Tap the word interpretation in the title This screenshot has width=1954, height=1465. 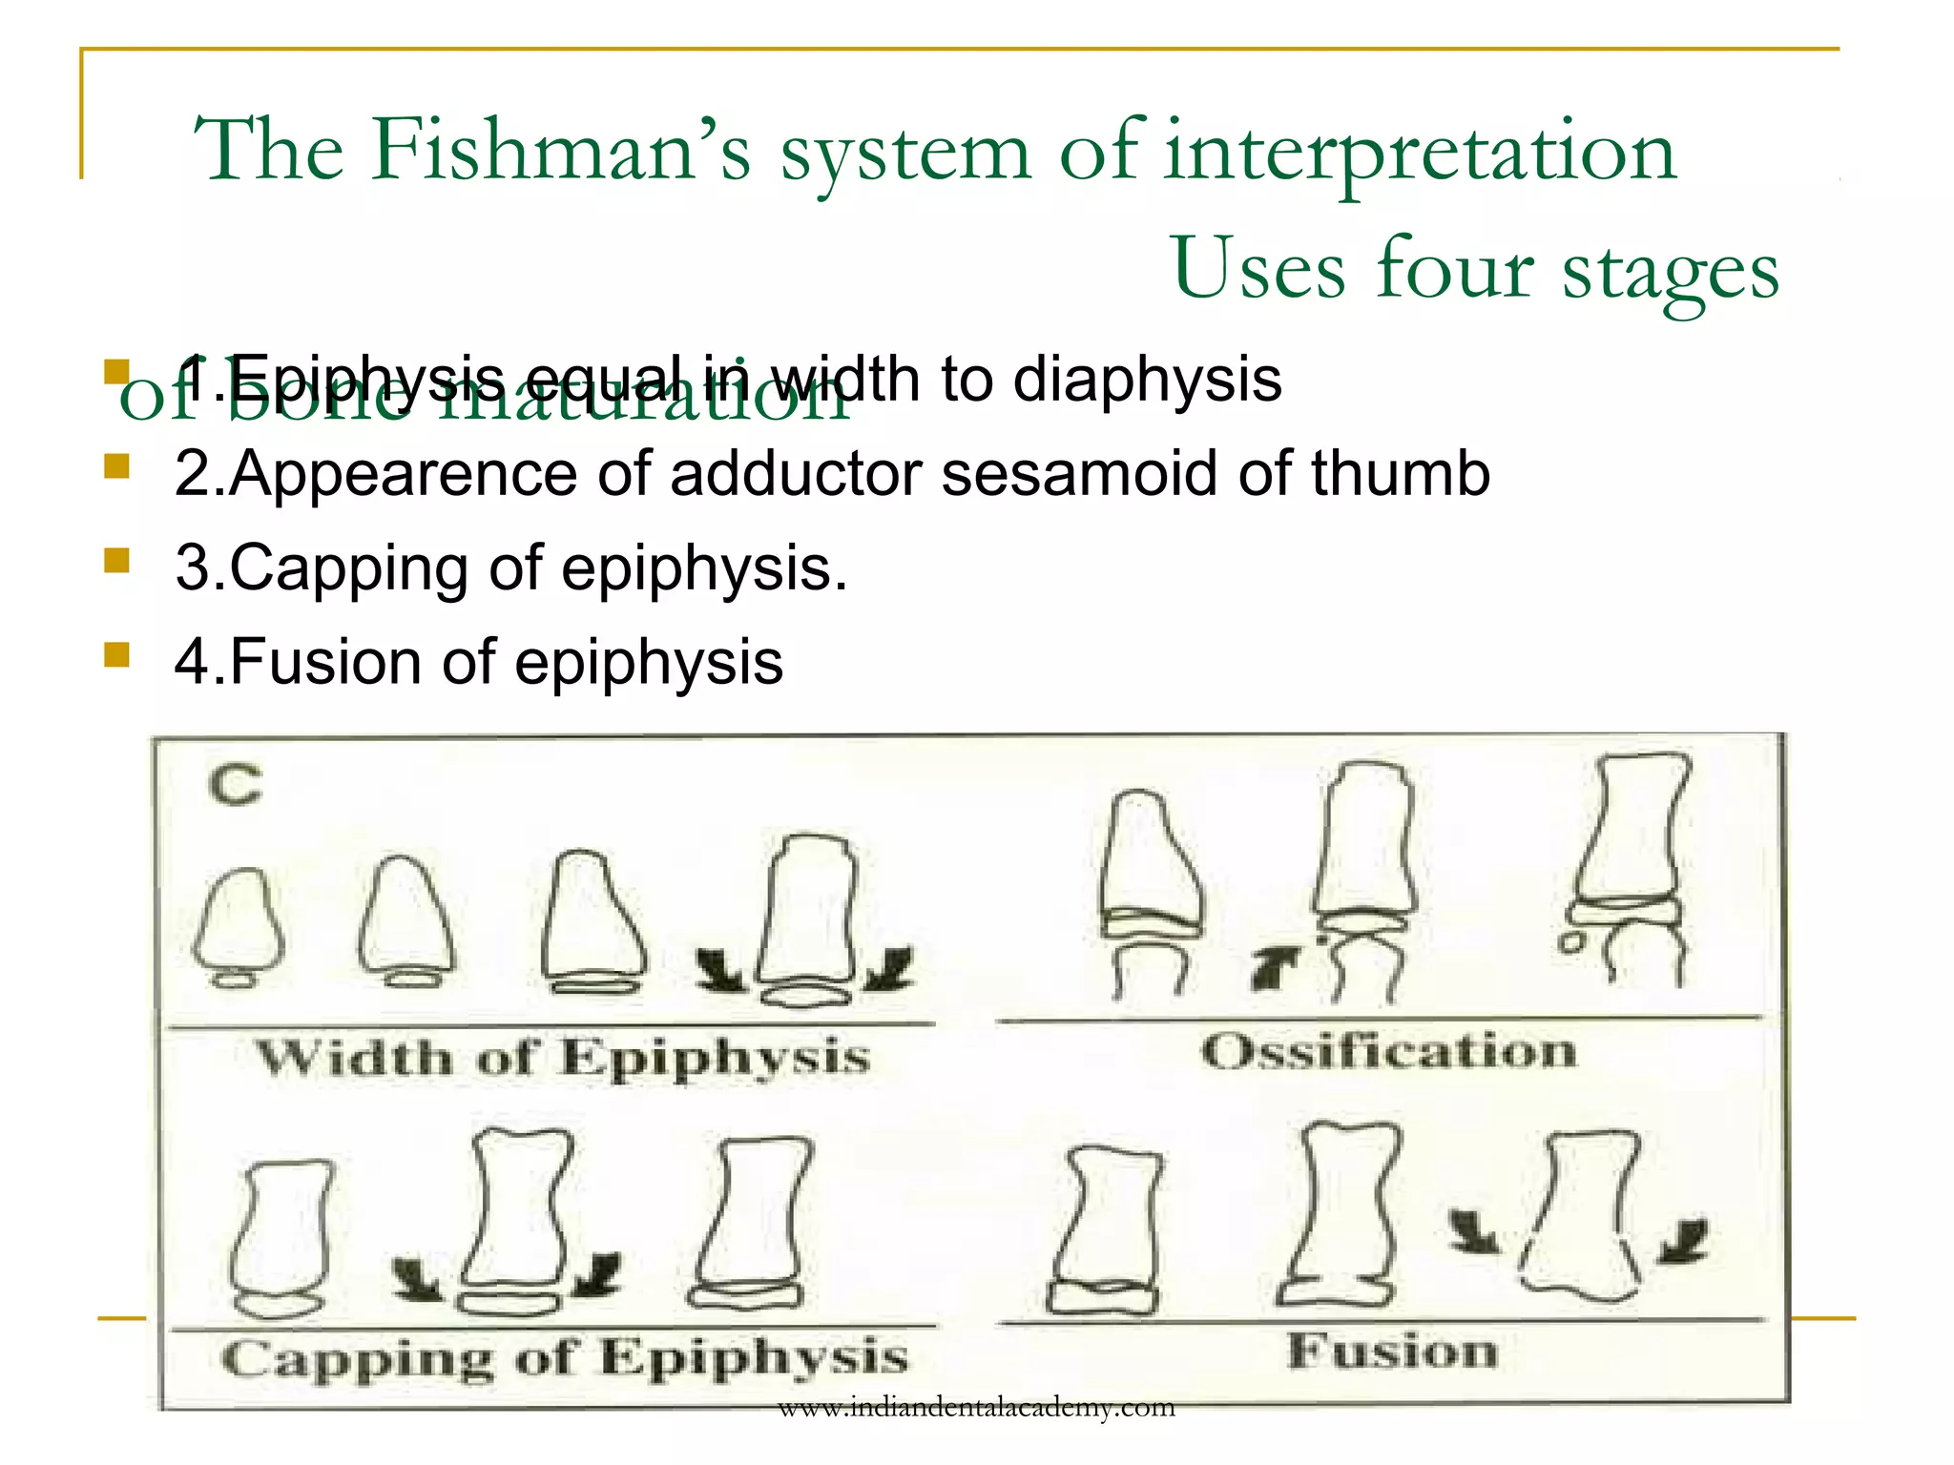(1420, 153)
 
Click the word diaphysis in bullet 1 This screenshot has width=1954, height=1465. (1147, 380)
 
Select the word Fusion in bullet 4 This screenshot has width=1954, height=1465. (325, 662)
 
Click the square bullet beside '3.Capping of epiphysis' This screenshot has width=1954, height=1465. (116, 560)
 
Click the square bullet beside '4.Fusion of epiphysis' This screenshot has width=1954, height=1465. (116, 654)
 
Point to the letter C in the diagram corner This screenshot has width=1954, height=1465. (235, 786)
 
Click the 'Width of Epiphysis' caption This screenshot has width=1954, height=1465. (563, 1058)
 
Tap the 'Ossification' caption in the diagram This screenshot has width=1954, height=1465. (1388, 1052)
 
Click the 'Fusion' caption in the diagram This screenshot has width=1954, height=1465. (1392, 1352)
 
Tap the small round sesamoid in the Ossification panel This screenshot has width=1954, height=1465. (1568, 943)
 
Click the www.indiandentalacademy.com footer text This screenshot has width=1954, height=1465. (976, 1408)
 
